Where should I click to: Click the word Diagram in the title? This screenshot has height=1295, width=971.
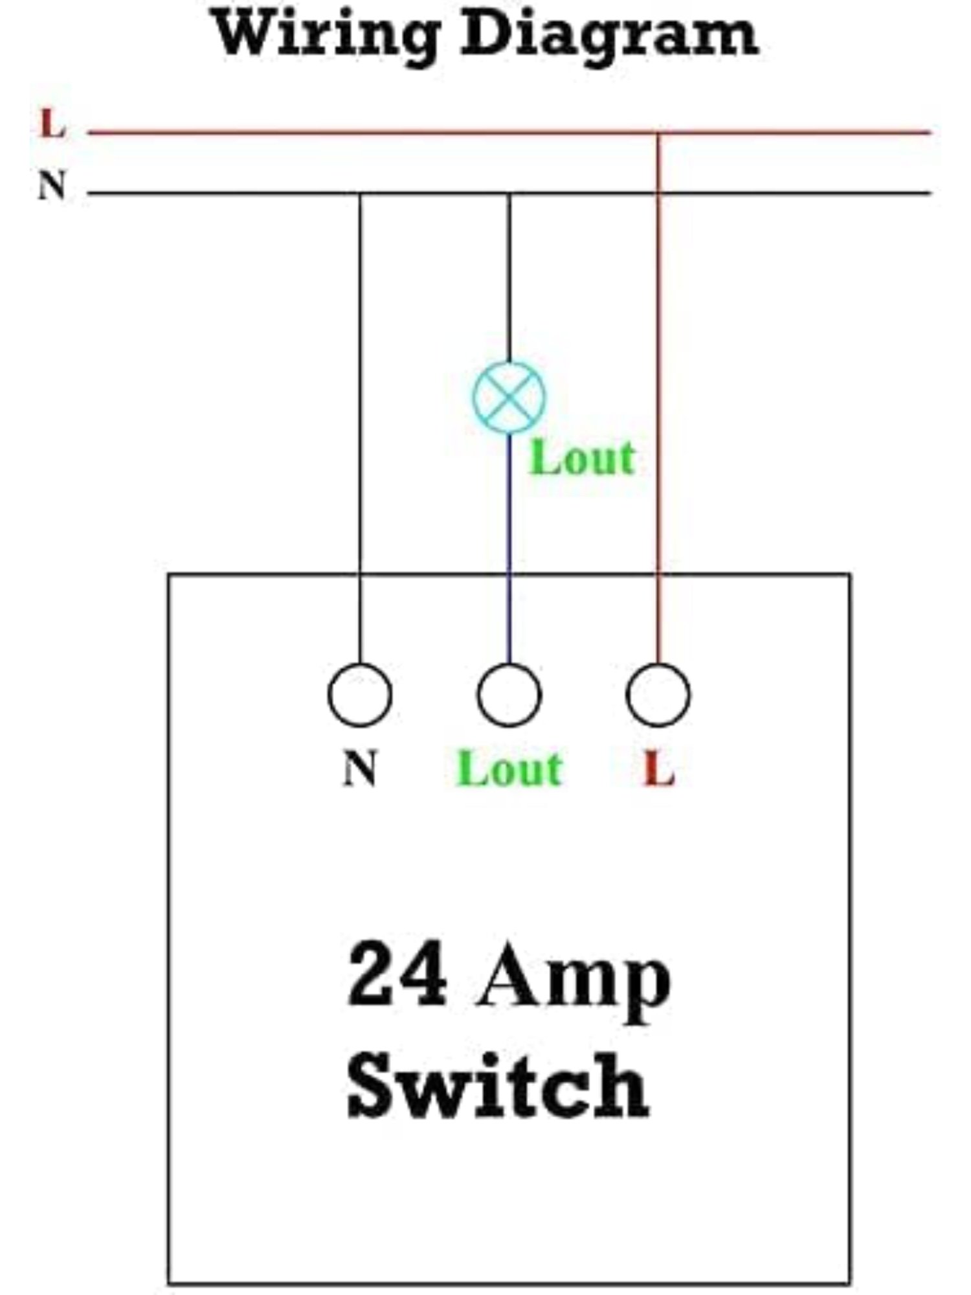click(608, 38)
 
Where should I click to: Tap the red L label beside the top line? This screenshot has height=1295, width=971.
click(52, 124)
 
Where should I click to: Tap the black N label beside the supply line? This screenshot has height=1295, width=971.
click(52, 186)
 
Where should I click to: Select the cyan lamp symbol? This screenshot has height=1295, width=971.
click(509, 397)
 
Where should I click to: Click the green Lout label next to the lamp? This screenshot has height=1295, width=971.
click(581, 458)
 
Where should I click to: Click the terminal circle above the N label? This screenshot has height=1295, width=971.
click(360, 695)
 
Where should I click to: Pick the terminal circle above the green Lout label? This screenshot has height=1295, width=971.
click(509, 695)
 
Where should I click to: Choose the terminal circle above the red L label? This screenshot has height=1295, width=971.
click(658, 695)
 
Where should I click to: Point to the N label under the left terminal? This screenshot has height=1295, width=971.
click(360, 769)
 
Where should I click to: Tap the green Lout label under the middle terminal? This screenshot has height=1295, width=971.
click(509, 769)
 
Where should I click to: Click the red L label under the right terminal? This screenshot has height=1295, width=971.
click(659, 769)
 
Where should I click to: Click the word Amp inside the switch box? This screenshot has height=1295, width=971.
click(573, 981)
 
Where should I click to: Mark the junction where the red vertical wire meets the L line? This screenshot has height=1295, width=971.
click(658, 133)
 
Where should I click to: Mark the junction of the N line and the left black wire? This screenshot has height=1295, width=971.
click(360, 193)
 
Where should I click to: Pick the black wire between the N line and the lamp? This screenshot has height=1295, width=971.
click(509, 278)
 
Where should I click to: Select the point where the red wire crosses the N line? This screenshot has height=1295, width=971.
click(658, 193)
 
